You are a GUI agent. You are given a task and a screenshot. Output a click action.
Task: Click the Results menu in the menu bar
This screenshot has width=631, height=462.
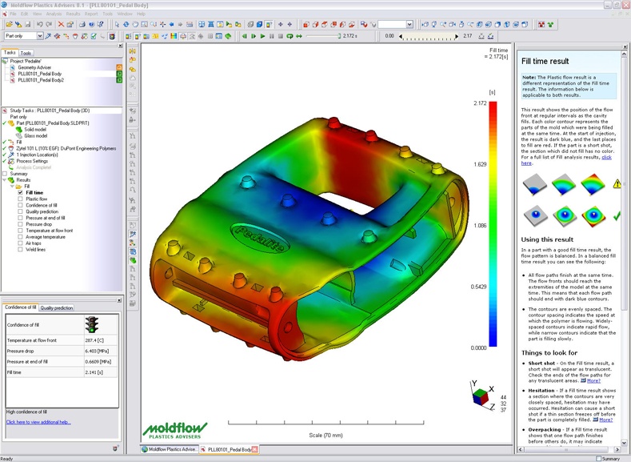[73, 14]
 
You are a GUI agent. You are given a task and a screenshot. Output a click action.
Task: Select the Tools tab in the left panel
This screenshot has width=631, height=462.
[26, 53]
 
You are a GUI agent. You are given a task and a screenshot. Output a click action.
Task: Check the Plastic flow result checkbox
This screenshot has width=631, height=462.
[21, 199]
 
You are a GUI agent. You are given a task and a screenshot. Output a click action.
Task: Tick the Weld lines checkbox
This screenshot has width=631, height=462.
[21, 250]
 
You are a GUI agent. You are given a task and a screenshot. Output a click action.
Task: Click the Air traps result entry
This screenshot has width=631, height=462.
[35, 243]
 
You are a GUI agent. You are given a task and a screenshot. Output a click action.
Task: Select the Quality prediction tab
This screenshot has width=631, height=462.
[57, 307]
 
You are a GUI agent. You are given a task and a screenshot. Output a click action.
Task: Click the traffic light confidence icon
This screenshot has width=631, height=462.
[91, 324]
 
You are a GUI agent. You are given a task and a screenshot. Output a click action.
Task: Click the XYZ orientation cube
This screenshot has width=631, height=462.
[480, 397]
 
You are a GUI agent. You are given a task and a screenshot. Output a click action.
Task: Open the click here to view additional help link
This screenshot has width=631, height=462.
[38, 422]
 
